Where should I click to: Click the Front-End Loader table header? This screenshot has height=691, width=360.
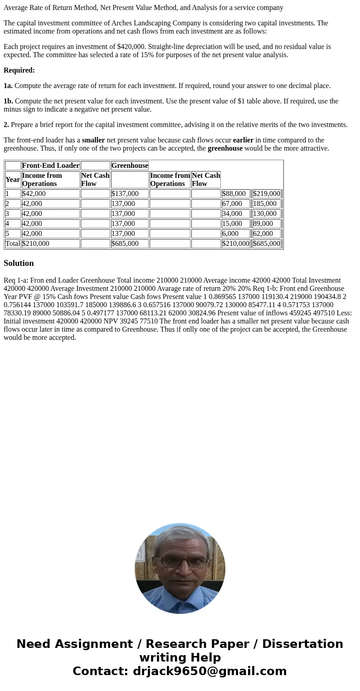click(x=50, y=166)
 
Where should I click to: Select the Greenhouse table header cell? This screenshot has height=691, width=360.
click(x=130, y=166)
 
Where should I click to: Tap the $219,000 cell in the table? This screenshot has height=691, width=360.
click(x=267, y=194)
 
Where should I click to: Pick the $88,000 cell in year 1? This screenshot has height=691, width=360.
click(x=235, y=194)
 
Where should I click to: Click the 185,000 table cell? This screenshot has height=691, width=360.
click(x=266, y=204)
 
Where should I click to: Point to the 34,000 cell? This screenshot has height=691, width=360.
click(x=235, y=214)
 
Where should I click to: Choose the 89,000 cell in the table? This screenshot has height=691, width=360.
click(x=266, y=224)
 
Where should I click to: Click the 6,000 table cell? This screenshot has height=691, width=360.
click(x=235, y=234)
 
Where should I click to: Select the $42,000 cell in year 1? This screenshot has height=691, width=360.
click(x=50, y=194)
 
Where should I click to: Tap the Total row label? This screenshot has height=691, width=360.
click(x=13, y=244)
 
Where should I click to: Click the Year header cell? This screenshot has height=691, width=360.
click(x=13, y=180)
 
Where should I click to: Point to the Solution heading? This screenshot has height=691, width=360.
click(x=19, y=263)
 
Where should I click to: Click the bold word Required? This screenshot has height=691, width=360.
click(x=19, y=70)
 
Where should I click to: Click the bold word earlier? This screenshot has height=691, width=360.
click(x=243, y=140)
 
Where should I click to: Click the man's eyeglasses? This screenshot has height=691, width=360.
click(x=180, y=563)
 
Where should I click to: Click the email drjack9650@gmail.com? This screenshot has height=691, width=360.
click(x=209, y=671)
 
